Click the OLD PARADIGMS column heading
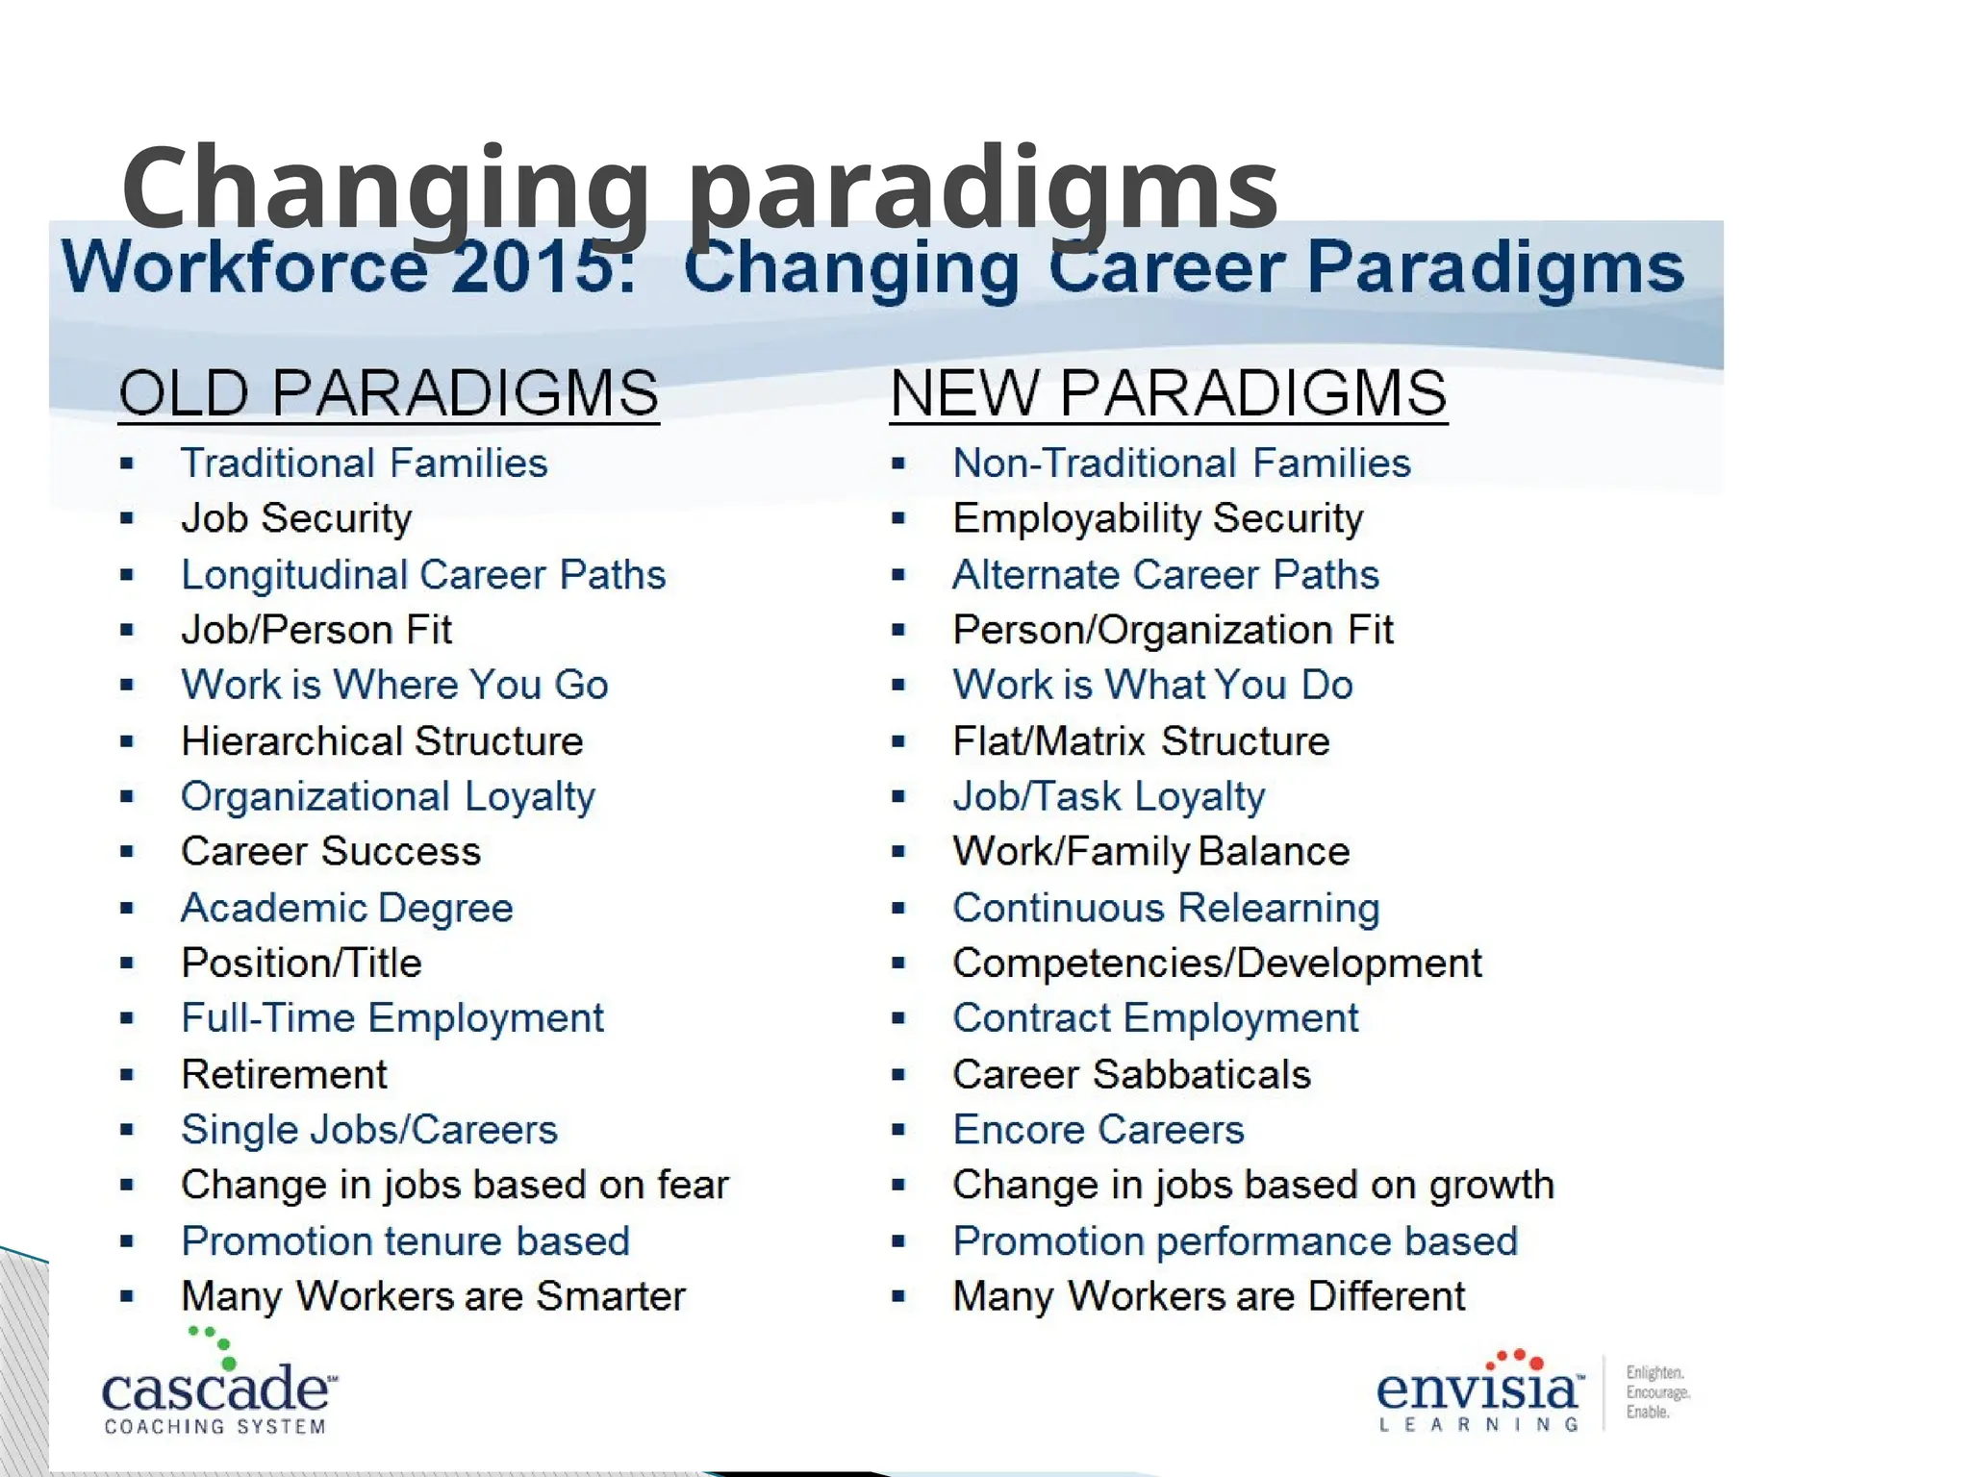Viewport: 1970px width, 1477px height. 389,393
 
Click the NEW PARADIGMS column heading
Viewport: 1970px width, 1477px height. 1168,393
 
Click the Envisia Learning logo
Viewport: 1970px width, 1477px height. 1479,1392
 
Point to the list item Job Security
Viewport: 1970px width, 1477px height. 296,518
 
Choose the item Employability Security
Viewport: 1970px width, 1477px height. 1157,518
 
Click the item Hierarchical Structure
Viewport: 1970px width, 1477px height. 382,741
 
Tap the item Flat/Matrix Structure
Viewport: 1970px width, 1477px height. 1141,741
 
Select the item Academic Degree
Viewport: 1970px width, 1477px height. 347,908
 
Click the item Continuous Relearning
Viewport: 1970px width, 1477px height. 1166,908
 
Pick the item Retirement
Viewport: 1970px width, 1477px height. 284,1074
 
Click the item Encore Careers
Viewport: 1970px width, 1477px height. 1098,1130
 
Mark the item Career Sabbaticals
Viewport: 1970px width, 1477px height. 1131,1074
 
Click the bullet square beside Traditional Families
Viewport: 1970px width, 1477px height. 127,464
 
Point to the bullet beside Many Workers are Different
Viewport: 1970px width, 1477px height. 898,1297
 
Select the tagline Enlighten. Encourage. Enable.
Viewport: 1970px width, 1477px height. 1656,1391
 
